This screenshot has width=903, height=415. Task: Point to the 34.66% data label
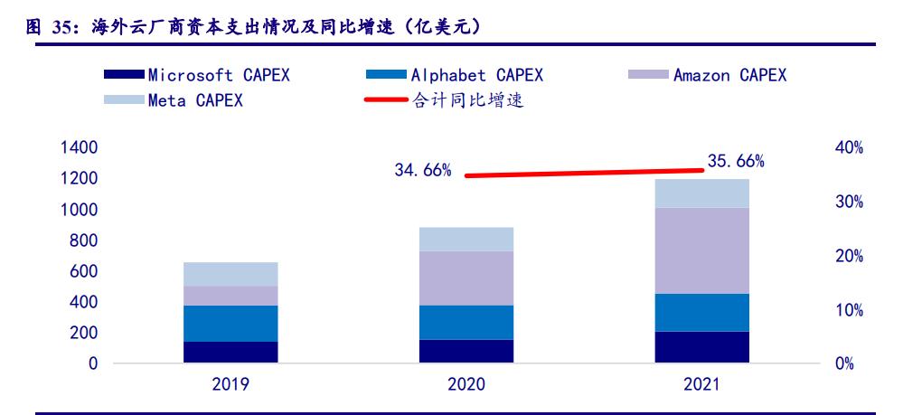(423, 170)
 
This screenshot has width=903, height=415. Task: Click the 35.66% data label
(736, 162)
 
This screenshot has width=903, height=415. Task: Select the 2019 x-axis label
(230, 384)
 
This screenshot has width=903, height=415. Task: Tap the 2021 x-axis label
(702, 384)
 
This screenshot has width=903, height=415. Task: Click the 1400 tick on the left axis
(80, 147)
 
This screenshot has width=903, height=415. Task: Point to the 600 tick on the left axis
(85, 271)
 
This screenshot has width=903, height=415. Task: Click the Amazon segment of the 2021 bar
(702, 250)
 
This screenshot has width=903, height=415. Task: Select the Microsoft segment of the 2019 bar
(230, 352)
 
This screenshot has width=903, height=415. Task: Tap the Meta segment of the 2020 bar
(466, 239)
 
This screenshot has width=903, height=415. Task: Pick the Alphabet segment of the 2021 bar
(702, 312)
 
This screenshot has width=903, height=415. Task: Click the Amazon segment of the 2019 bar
(230, 296)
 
